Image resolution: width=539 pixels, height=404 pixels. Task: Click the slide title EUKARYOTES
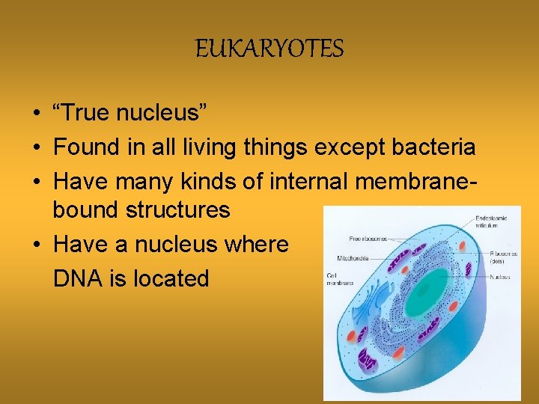pyautogui.click(x=269, y=50)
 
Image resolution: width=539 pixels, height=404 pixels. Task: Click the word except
pyautogui.click(x=348, y=147)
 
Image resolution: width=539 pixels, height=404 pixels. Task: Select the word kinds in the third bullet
pyautogui.click(x=218, y=182)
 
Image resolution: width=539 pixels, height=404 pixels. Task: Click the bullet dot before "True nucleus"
pyautogui.click(x=36, y=114)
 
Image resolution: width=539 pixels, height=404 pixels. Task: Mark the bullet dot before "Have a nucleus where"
pyautogui.click(x=36, y=245)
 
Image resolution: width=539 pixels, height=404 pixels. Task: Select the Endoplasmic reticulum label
pyautogui.click(x=491, y=221)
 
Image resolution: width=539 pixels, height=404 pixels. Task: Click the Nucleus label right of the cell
pyautogui.click(x=501, y=277)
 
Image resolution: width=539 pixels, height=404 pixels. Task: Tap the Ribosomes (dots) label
pyautogui.click(x=502, y=257)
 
